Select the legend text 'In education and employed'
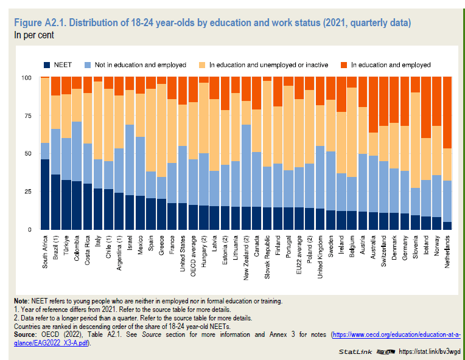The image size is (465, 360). click(391, 64)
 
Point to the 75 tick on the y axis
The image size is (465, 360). click(27, 116)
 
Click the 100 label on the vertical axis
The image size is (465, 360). click(26, 77)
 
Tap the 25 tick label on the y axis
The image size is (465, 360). click(27, 192)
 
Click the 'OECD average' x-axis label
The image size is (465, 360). click(194, 252)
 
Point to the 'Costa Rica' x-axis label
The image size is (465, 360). click(88, 249)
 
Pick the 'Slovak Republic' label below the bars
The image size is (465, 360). click(267, 255)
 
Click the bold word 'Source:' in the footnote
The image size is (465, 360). click(27, 334)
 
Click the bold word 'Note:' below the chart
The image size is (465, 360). click(23, 302)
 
